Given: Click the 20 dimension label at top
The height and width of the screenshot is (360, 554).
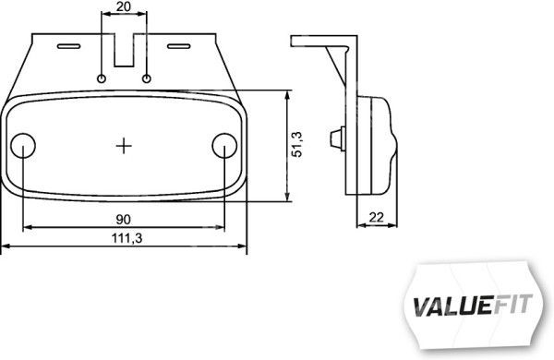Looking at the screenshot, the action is (124, 6).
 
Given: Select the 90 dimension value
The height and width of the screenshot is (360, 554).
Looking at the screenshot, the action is (124, 220).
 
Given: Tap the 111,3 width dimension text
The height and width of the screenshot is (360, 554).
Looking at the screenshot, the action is (127, 238).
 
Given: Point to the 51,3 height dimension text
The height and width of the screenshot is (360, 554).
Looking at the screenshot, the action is (297, 144).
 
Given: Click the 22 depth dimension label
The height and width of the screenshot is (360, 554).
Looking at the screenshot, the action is (376, 217).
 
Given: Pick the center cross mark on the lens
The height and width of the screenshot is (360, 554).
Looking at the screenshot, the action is (124, 146).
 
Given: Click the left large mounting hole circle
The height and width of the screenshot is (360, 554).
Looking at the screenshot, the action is (23, 146).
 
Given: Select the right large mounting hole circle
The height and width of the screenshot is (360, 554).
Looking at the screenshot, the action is (224, 146).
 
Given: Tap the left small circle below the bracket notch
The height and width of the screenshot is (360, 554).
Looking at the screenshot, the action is (102, 78).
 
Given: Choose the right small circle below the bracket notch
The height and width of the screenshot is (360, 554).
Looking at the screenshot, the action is (147, 78).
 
